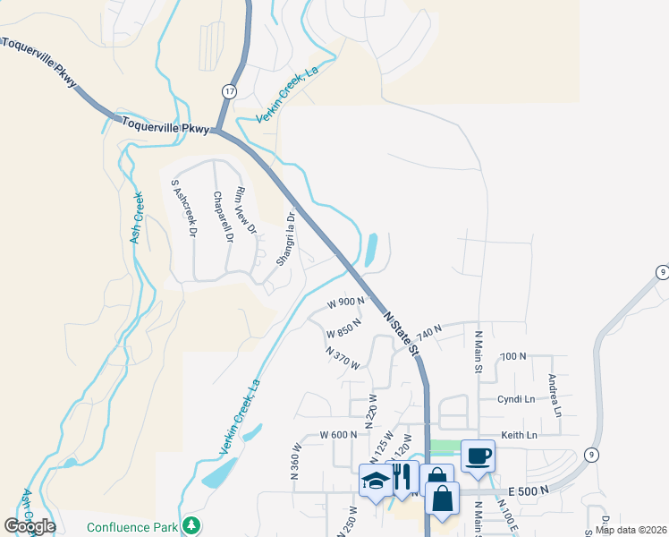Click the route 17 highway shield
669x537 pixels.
point(230,91)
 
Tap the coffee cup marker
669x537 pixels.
point(478,456)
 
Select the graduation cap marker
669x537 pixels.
point(376,481)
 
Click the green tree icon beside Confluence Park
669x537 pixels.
point(190,525)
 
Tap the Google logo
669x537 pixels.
point(30,526)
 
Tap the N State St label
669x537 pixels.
point(402,331)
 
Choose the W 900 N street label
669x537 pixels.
point(345,303)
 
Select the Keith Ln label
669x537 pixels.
point(519,435)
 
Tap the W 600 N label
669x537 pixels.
point(339,435)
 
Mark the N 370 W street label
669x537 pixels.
point(343,358)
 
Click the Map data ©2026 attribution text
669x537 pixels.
point(630,530)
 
